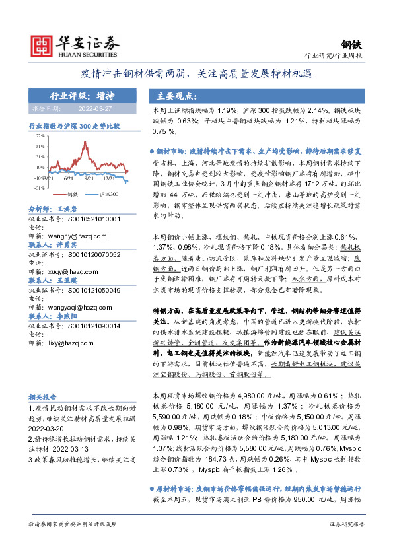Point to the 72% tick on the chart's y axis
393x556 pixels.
40,135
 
